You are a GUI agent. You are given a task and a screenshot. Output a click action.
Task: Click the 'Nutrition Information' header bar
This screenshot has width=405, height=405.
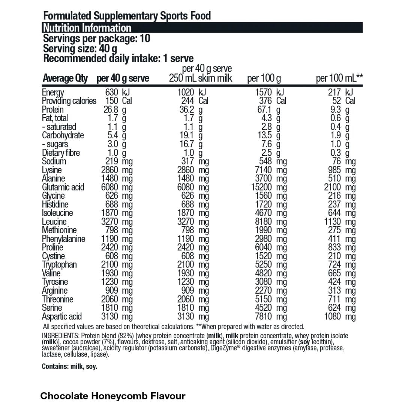[202, 28]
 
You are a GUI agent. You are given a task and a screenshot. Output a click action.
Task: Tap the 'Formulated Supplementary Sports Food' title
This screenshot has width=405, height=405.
[127, 16]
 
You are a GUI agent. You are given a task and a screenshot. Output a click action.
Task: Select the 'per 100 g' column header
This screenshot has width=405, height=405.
[264, 78]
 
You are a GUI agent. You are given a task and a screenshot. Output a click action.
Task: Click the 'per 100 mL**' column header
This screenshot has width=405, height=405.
[339, 78]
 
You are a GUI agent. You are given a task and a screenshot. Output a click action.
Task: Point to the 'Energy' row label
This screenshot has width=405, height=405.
[53, 93]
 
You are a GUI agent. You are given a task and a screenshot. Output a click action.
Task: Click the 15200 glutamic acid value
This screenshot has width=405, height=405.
[264, 187]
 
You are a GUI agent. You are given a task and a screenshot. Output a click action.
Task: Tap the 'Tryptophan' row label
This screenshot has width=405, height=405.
[59, 265]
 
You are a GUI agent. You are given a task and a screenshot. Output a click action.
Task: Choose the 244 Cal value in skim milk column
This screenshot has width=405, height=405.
[187, 101]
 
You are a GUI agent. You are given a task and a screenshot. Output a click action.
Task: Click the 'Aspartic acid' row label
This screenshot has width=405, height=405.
[61, 316]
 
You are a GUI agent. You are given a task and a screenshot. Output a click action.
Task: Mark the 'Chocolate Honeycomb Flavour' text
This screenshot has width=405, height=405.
[113, 396]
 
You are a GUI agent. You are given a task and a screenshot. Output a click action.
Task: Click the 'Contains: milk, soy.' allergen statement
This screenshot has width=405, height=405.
[69, 366]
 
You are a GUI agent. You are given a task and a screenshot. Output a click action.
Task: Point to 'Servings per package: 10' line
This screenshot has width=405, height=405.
[97, 39]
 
